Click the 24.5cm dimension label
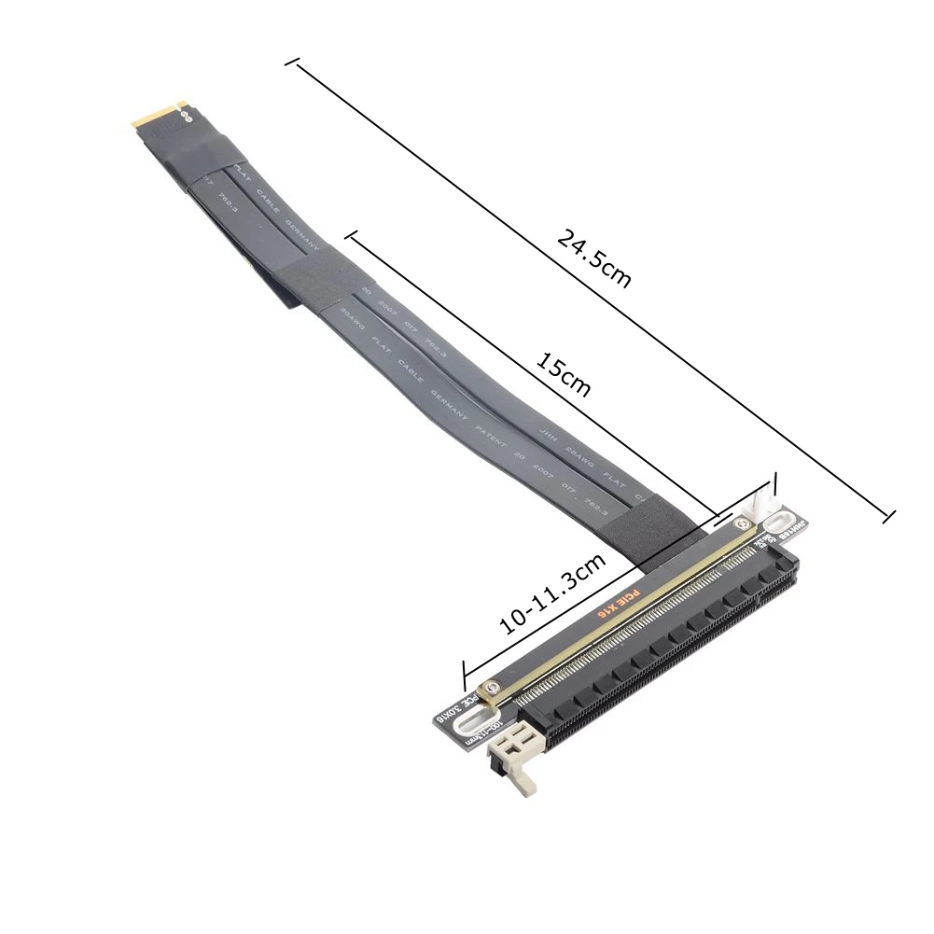(x=594, y=258)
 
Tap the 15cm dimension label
(x=564, y=374)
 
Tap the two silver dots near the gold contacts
(x=184, y=117)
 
